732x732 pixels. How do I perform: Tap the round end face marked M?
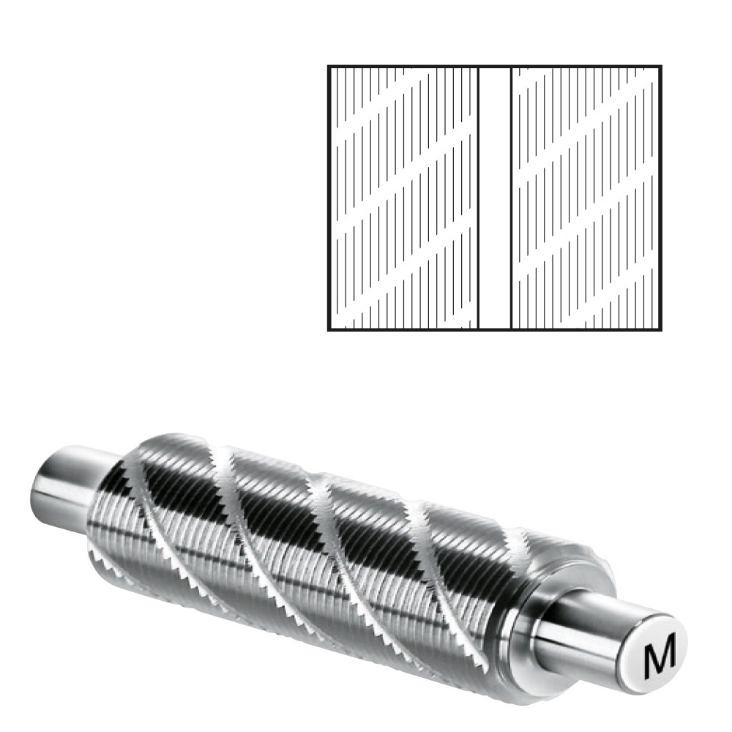pos(659,653)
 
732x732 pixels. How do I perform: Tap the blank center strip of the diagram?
pos(496,198)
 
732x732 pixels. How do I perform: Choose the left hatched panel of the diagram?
pos(404,198)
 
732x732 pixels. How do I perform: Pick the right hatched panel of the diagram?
pos(586,198)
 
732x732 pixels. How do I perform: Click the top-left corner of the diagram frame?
pos(328,66)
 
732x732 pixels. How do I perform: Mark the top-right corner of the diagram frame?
pos(661,66)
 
